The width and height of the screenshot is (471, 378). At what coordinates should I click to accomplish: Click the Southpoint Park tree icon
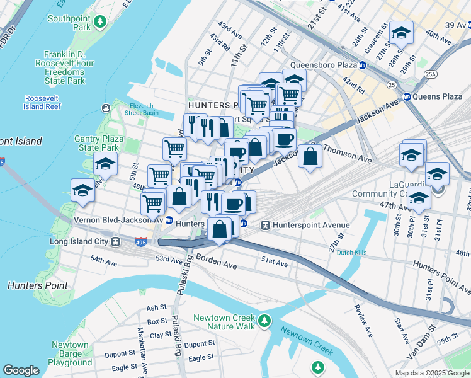pyautogui.click(x=99, y=22)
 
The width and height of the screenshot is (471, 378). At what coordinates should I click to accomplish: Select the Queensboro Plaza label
pyautogui.click(x=324, y=65)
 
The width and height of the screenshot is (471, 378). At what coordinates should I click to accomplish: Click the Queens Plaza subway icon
pyautogui.click(x=407, y=96)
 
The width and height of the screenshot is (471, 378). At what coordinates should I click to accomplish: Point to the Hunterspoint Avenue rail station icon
pyautogui.click(x=266, y=224)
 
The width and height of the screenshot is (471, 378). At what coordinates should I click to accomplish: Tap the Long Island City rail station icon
pyautogui.click(x=115, y=241)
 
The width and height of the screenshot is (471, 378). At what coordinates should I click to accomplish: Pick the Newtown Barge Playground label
pyautogui.click(x=70, y=353)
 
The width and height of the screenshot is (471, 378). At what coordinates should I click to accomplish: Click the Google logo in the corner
pyautogui.click(x=21, y=370)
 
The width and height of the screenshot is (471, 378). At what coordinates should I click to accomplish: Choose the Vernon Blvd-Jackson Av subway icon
pyautogui.click(x=169, y=220)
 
